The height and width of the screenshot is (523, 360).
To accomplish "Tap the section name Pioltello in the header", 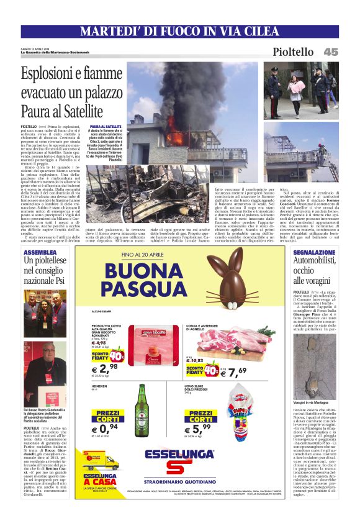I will pyautogui.click(x=293, y=52).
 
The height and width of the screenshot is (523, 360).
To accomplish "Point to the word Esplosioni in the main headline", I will pyautogui.click(x=48, y=76).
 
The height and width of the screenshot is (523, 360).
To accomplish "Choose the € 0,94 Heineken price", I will pyautogui.click(x=106, y=429).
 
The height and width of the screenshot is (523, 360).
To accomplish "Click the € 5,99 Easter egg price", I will pyautogui.click(x=202, y=428).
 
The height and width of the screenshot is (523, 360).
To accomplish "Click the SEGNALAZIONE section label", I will pyautogui.click(x=315, y=253).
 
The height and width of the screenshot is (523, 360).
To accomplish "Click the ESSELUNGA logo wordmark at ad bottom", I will pyautogui.click(x=179, y=454).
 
